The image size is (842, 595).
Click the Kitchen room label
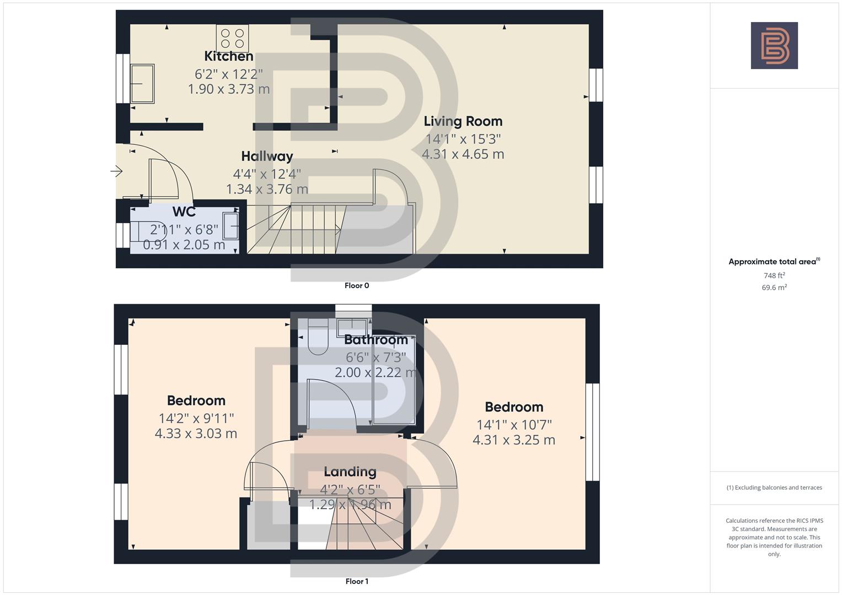pos(228,56)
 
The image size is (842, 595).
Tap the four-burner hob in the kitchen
pos(232,39)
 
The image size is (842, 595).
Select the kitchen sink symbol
pos(142,84)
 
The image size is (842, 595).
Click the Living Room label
pos(463,121)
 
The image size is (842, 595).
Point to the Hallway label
pos(267,156)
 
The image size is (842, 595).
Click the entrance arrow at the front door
pos(116,172)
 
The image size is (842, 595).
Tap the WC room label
pos(184,212)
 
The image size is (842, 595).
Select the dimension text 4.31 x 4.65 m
pos(463,154)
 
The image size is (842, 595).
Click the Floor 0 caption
pos(357,285)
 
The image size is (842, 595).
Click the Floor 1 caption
pos(357,581)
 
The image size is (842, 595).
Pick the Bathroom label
pos(376,340)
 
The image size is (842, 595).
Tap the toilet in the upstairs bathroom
pos(318,337)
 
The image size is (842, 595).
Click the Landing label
pos(350,472)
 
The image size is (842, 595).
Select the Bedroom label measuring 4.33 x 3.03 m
pos(196,401)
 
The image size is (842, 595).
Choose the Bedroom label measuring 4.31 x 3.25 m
pos(514,407)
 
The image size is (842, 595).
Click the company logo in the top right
pos(774,46)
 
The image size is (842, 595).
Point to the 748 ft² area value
pos(774,275)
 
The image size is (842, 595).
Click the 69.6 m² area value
pos(774,288)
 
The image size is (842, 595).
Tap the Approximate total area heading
pos(774,262)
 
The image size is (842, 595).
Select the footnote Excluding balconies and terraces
pos(774,488)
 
